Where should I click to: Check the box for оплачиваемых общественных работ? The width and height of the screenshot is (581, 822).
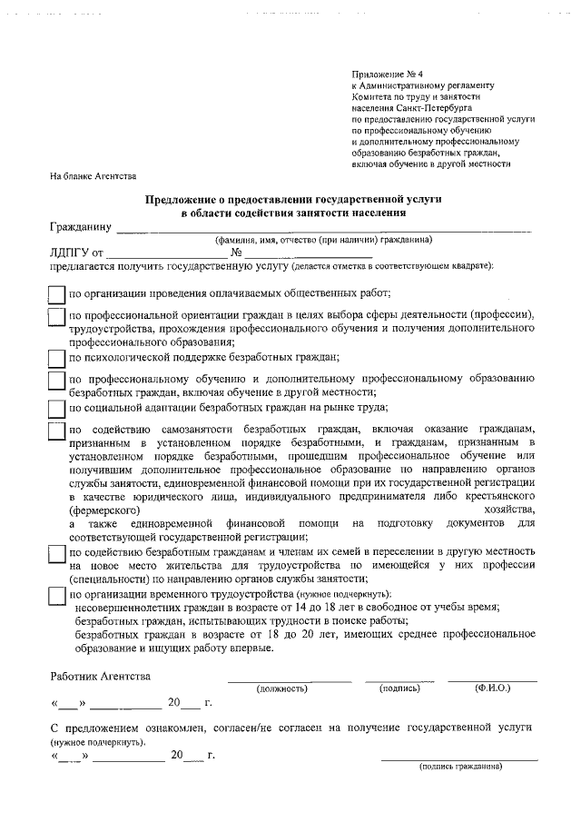tap(56, 294)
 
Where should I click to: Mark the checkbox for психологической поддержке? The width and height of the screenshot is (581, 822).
tap(56, 358)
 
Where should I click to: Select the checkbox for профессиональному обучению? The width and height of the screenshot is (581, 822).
tap(56, 380)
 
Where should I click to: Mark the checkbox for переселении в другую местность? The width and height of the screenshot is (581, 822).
tap(56, 555)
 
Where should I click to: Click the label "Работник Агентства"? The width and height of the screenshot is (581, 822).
tap(101, 676)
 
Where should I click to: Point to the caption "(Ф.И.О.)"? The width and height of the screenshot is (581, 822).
tap(492, 688)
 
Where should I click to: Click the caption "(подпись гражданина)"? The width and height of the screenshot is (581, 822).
tap(459, 766)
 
